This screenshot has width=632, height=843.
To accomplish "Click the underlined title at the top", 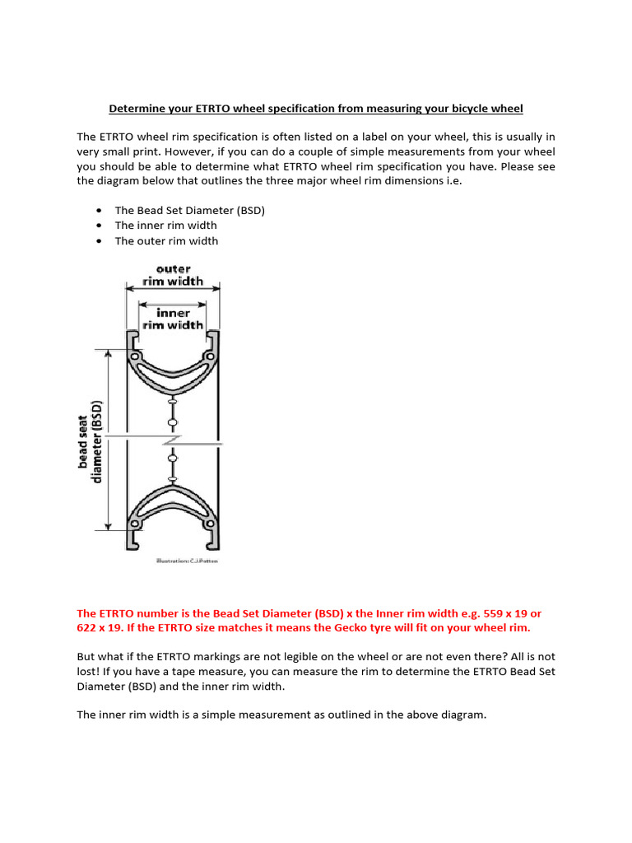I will click(316, 109).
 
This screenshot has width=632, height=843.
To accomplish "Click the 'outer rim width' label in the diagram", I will click(173, 275).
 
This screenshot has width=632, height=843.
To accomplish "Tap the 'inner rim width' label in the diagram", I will click(173, 319).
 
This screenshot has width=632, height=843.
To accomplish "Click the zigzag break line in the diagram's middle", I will click(172, 440).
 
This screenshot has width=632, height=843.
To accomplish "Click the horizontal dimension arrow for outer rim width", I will click(173, 288).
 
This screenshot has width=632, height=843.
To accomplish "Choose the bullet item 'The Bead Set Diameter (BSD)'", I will click(189, 210).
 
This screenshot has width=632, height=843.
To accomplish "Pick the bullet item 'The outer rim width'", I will click(166, 241).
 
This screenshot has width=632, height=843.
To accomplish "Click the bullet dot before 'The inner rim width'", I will click(99, 226).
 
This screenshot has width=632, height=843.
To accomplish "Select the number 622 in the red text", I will click(87, 628).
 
